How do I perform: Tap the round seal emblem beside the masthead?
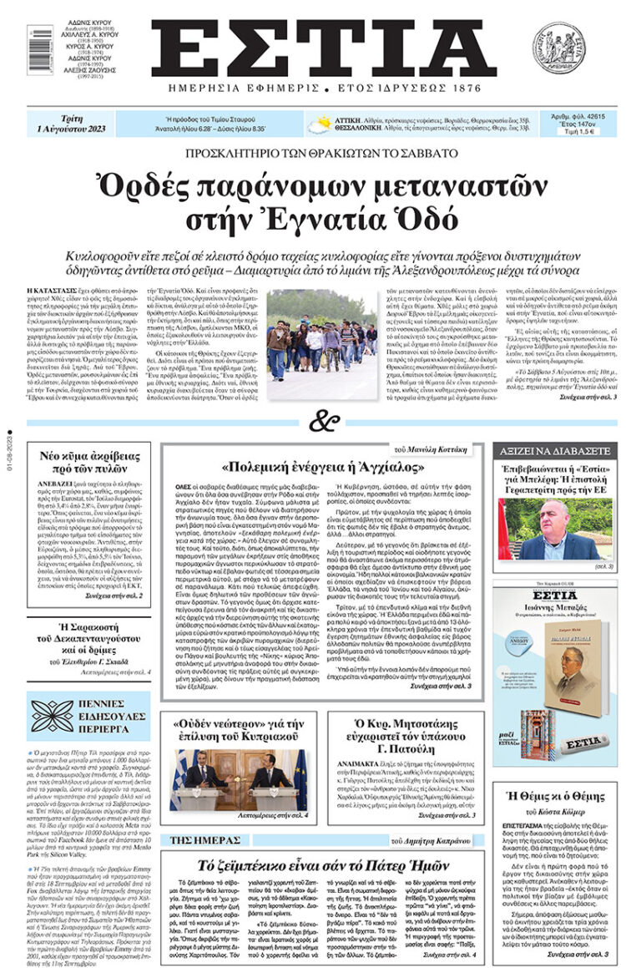(x=558, y=48)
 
